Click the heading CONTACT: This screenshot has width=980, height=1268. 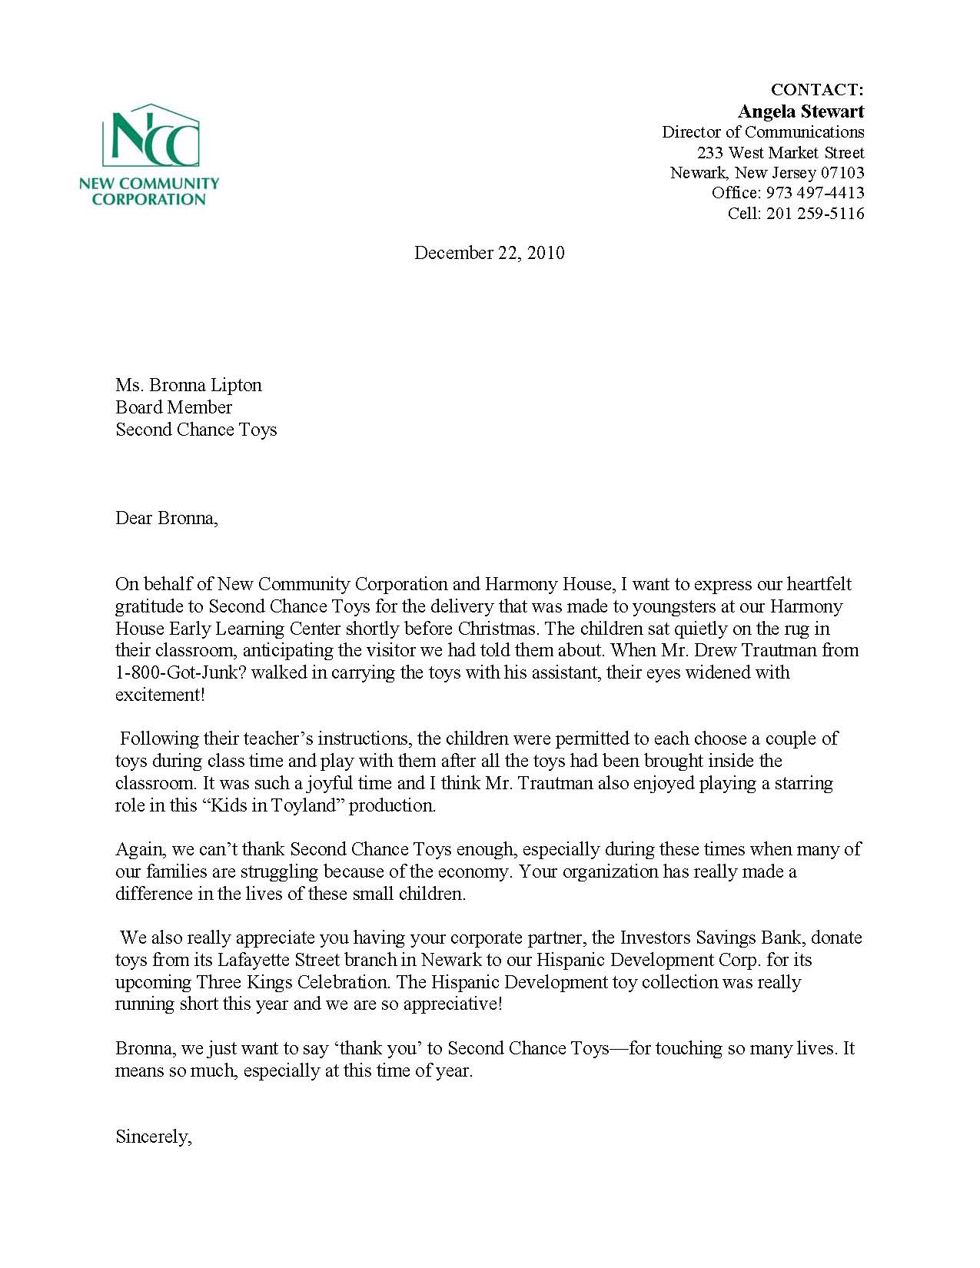tap(817, 91)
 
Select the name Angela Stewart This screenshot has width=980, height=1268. tap(801, 111)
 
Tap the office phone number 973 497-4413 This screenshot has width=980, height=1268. tap(815, 193)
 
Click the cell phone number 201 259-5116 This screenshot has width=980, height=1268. tap(815, 214)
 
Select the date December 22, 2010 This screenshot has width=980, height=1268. tap(489, 253)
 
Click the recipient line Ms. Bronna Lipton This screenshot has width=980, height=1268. tap(188, 385)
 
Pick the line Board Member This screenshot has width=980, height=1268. tap(174, 407)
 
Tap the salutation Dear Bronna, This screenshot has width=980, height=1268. tap(167, 518)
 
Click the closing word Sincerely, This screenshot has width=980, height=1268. tap(153, 1137)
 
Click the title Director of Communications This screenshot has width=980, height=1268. tap(762, 132)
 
